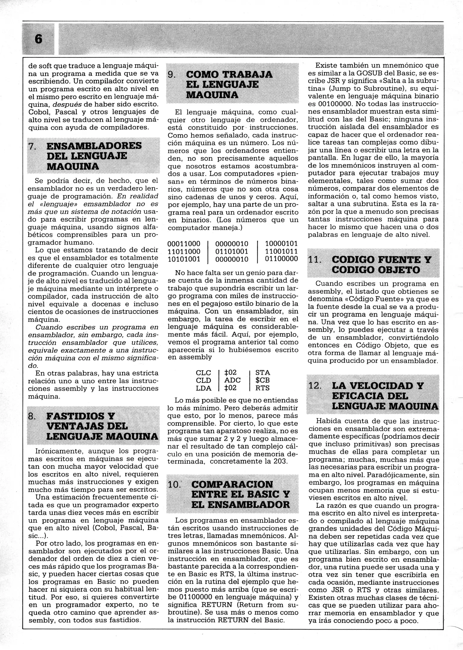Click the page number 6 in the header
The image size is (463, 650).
pyautogui.click(x=39, y=39)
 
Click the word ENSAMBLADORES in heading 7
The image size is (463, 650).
pyautogui.click(x=94, y=146)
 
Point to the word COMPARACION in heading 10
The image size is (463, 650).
pyautogui.click(x=232, y=484)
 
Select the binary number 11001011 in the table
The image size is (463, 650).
pyautogui.click(x=281, y=251)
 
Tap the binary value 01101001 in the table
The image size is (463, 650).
pyautogui.click(x=232, y=251)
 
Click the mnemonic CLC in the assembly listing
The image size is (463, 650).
pyautogui.click(x=204, y=373)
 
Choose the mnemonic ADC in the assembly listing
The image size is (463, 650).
pyautogui.click(x=232, y=380)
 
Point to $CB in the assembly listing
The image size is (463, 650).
pyautogui.click(x=263, y=380)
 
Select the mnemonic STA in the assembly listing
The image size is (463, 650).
pyautogui.click(x=263, y=373)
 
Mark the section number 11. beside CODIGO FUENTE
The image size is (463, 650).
pyautogui.click(x=315, y=259)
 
